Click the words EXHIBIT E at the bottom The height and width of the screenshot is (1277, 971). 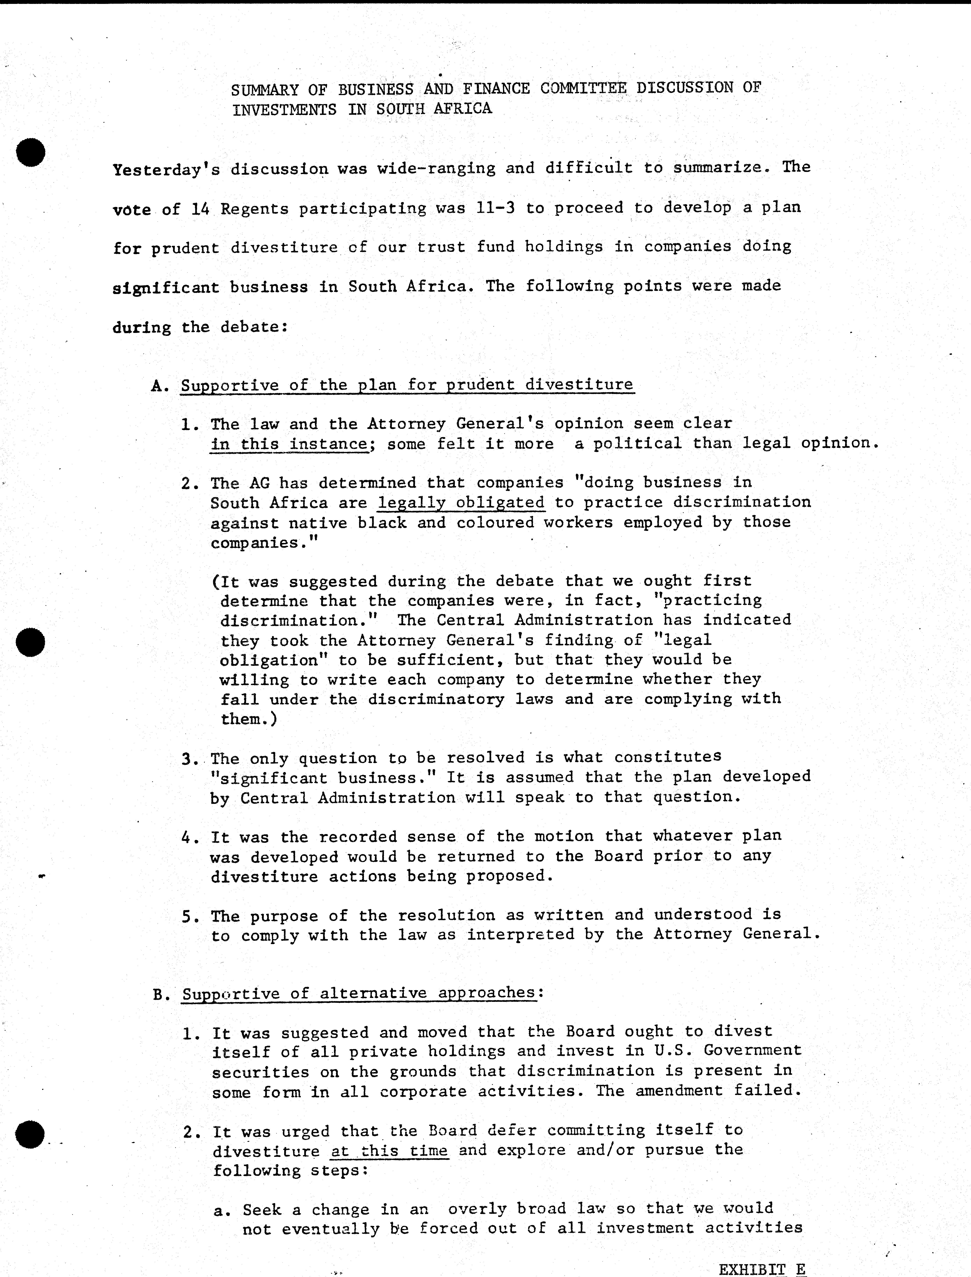point(762,1268)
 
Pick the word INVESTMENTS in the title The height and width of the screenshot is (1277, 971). point(284,109)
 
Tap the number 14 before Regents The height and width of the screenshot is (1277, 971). point(200,209)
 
